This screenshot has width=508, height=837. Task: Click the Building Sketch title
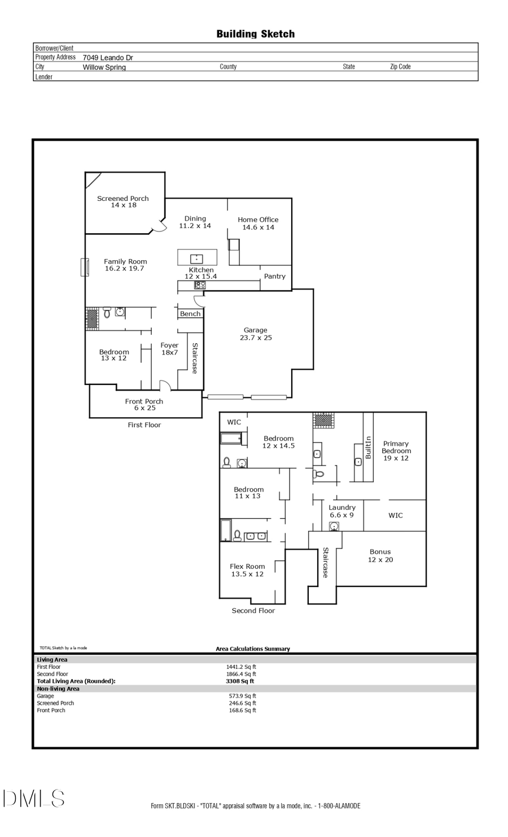(255, 34)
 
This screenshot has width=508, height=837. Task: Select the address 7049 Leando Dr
(108, 58)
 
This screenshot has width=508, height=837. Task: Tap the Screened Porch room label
(123, 201)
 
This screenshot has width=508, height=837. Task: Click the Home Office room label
(258, 223)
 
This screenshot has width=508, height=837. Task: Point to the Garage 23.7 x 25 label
(255, 334)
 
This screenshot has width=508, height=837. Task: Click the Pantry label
(275, 276)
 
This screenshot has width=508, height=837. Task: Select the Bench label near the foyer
(190, 314)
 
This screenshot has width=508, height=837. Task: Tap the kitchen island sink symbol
(196, 258)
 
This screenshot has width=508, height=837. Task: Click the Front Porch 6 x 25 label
(144, 404)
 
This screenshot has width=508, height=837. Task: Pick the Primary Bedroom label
(396, 450)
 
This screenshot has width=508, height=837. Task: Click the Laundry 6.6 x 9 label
(342, 511)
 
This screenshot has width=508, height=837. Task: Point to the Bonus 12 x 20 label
(380, 555)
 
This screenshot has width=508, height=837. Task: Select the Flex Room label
(247, 570)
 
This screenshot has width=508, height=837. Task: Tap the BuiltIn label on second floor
(368, 447)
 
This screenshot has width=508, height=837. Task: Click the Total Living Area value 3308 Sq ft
(240, 681)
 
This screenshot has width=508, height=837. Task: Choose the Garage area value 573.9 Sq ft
(242, 696)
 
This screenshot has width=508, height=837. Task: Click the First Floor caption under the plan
(144, 425)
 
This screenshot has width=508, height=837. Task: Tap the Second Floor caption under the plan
(253, 611)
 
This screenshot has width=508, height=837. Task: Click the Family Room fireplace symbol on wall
(84, 267)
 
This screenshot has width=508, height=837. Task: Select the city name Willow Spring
(104, 67)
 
